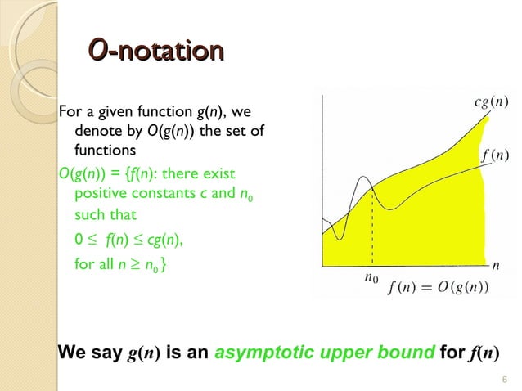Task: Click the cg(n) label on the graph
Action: coord(491,102)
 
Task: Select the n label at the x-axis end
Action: coord(495,266)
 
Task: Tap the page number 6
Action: coord(504,377)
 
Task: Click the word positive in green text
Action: coord(101,195)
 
